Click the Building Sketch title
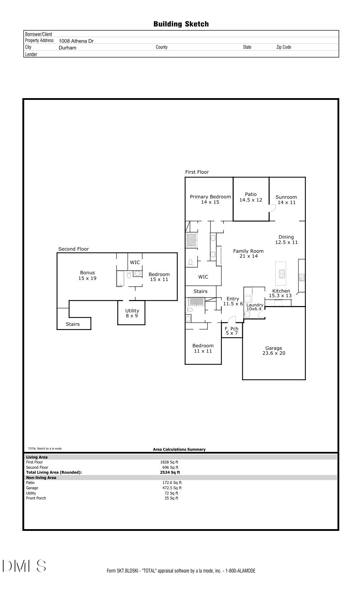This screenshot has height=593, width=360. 181,24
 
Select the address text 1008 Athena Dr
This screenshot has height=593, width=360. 76,41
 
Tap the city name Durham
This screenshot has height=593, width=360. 67,48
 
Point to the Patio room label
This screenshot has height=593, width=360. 251,194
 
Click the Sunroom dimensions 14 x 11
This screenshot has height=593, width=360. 287,203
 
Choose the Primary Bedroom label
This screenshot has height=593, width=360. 210,197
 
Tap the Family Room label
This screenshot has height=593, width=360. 248,251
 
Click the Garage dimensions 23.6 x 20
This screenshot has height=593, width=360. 274,353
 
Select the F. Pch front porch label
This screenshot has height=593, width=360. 232,329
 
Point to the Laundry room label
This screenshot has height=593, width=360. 255,305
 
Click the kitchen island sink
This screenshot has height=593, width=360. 282,274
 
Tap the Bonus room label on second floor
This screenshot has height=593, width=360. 88,272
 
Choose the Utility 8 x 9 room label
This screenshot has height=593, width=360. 132,313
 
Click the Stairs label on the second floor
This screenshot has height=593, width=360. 73,324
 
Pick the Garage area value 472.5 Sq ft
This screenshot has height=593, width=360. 172,488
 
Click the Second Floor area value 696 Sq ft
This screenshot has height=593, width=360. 170,467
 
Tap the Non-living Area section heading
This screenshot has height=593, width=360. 41,478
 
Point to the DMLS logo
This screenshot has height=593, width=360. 24,566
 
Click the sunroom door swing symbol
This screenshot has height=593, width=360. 272,208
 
